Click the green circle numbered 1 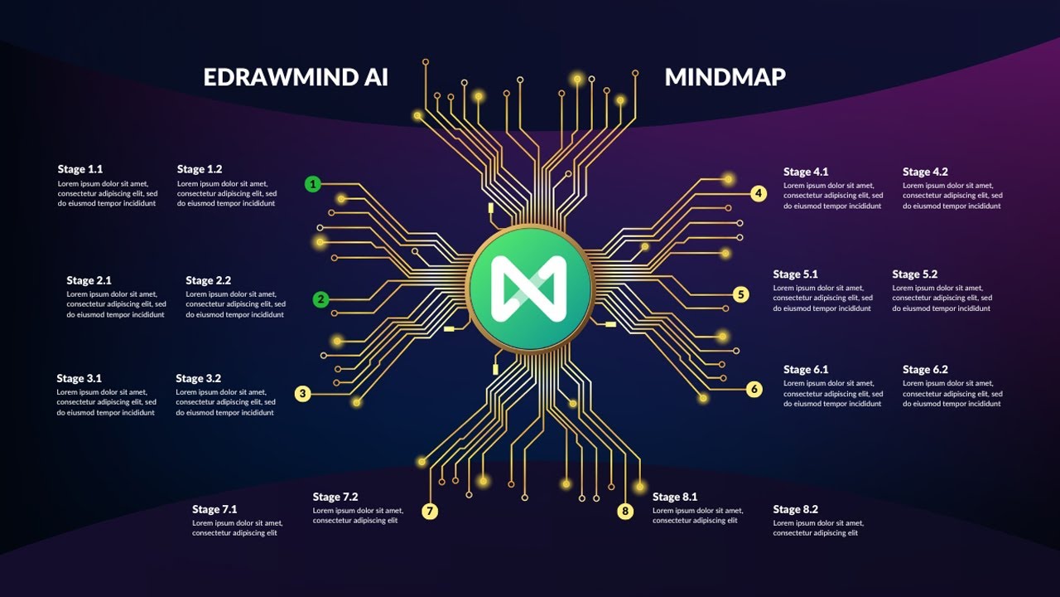[x=312, y=184]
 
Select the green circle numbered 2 [x=321, y=299]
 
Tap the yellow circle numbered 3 [x=303, y=394]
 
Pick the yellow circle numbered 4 [x=759, y=194]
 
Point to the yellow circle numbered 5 [x=741, y=294]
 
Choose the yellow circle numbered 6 [x=754, y=389]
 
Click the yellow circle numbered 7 [x=430, y=512]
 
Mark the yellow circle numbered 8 [x=625, y=512]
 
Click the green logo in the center [x=529, y=288]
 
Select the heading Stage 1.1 [x=80, y=169]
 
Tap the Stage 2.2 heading [x=209, y=281]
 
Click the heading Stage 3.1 [x=79, y=379]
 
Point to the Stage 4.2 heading [x=925, y=172]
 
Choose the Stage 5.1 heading [x=796, y=274]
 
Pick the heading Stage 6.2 [x=925, y=370]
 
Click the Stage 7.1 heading [x=214, y=510]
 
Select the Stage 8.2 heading [x=796, y=510]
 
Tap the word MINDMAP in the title [x=725, y=77]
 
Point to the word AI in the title [x=371, y=77]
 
